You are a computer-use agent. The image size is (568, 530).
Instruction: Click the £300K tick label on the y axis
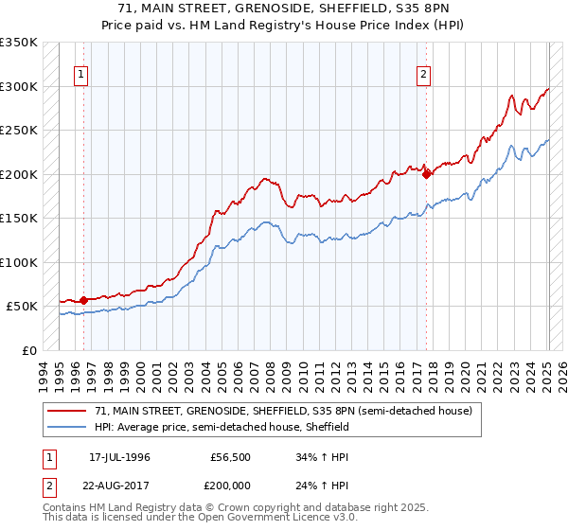pyautogui.click(x=19, y=86)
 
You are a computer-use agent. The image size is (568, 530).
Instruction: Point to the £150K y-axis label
pyautogui.click(x=19, y=219)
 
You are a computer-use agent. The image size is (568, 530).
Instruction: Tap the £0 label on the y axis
pyautogui.click(x=28, y=351)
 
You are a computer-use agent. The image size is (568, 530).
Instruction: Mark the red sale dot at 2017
pyautogui.click(x=427, y=174)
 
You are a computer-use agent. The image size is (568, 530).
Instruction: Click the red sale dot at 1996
pyautogui.click(x=83, y=300)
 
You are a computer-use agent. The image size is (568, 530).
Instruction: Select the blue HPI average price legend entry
pyautogui.click(x=222, y=427)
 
